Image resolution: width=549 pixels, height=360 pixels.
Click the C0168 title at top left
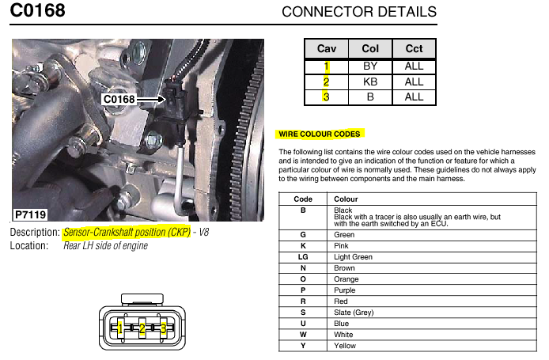[x=37, y=11]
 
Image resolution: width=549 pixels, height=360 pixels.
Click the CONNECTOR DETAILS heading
[x=358, y=12]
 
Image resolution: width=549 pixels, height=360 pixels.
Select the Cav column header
[x=326, y=48]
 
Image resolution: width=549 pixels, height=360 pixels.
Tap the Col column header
[x=369, y=48]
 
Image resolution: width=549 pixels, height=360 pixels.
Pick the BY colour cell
[x=369, y=66]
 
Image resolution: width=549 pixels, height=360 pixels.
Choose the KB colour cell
[x=369, y=81]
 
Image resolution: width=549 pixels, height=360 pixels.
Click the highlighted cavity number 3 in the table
[x=324, y=97]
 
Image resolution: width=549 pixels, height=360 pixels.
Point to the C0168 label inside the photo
[x=119, y=100]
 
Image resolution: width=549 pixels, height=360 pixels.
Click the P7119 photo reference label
[x=32, y=214]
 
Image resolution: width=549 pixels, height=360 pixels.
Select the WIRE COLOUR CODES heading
[x=319, y=134]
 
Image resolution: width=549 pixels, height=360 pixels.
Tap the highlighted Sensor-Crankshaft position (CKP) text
[x=126, y=233]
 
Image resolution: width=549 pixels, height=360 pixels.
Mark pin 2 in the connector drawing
[x=142, y=328]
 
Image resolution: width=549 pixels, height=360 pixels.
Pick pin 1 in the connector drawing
[x=119, y=328]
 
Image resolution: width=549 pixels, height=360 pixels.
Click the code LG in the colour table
[x=303, y=257]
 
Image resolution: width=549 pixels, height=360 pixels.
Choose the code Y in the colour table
[x=303, y=346]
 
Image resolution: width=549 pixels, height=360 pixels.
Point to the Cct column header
[x=414, y=48]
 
